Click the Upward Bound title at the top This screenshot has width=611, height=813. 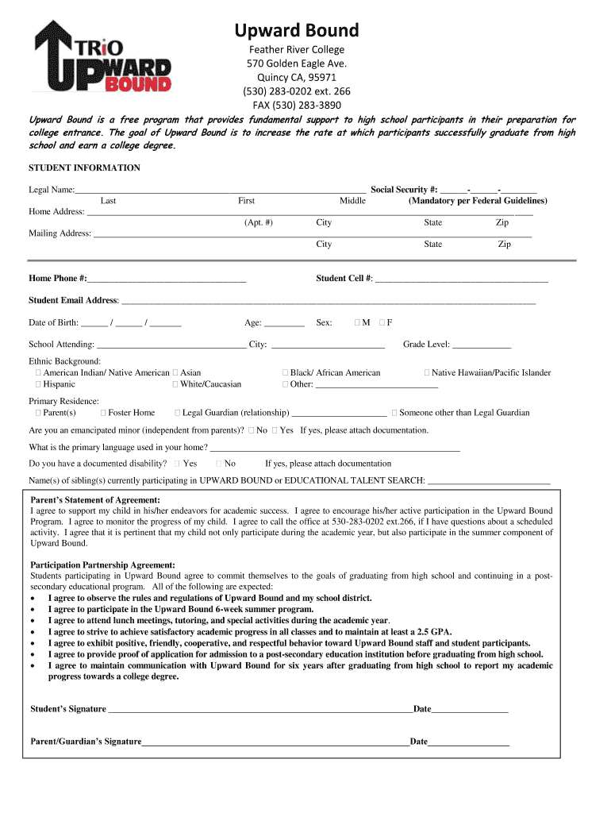296,31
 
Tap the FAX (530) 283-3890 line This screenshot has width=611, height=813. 296,105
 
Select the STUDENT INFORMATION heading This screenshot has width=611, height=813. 84,168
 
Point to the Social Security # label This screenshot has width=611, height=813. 404,190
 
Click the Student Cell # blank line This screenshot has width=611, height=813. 461,279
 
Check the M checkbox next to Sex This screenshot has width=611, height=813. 358,323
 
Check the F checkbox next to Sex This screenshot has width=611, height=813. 382,323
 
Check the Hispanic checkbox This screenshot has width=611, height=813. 37,384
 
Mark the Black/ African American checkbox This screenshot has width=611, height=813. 285,373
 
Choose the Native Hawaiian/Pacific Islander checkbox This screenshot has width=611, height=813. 427,373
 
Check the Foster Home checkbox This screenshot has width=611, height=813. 103,413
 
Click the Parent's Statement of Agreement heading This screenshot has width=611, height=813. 95,500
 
